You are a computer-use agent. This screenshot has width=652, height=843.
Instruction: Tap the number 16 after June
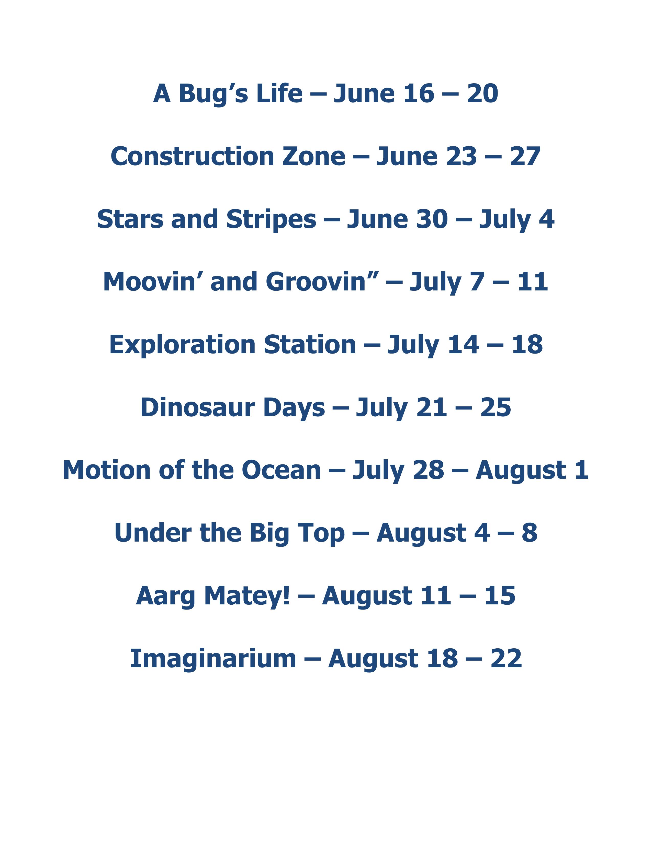pos(419,94)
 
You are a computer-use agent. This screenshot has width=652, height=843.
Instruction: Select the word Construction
pos(192,156)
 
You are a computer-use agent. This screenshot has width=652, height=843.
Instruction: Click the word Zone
pos(314,157)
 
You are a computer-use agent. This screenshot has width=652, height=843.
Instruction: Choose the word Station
pos(310,344)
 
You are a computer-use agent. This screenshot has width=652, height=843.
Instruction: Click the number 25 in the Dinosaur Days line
pos(496,408)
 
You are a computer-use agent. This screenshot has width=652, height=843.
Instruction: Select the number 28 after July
pos(428,470)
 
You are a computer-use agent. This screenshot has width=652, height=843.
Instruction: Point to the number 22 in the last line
pos(506,659)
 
